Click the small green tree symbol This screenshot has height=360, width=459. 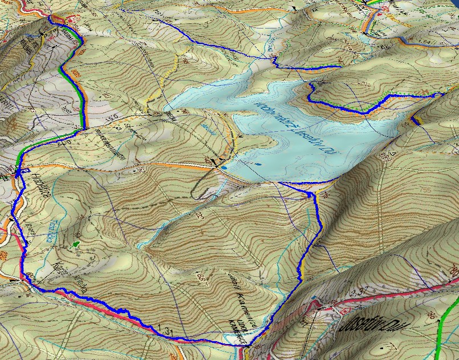click(x=76, y=244)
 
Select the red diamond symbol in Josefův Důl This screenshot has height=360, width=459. click(x=344, y=309)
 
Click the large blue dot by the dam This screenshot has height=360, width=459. click(x=225, y=168)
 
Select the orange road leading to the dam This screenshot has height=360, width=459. click(x=171, y=166)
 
